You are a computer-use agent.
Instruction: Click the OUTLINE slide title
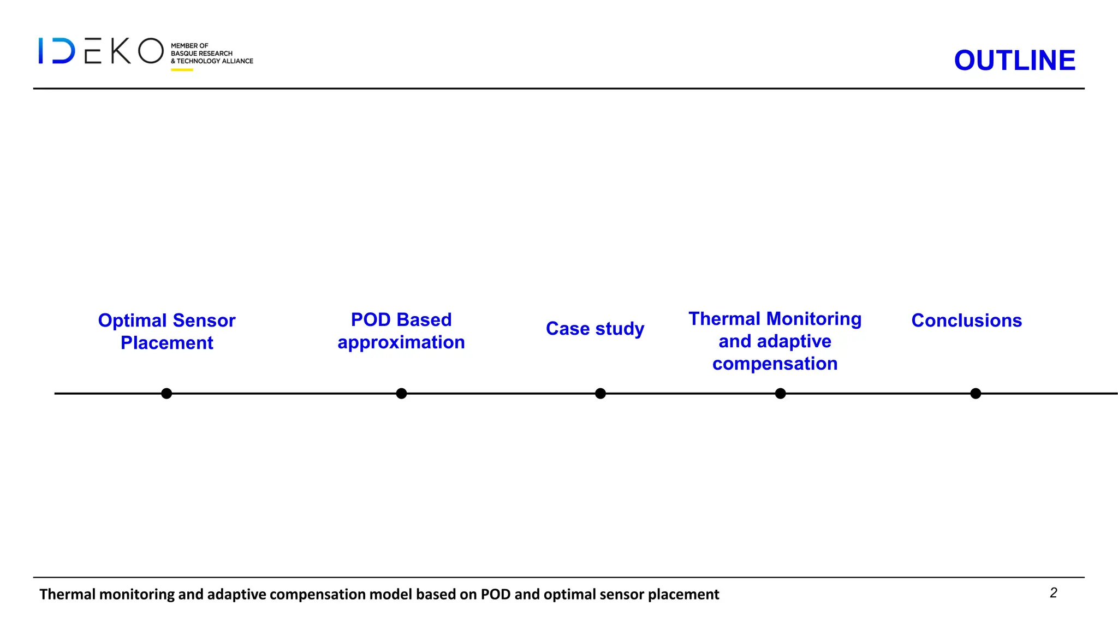coord(1014,60)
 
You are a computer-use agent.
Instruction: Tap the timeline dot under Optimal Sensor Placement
coord(166,393)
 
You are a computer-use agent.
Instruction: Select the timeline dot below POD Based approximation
coord(401,393)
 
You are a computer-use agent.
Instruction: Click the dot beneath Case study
coord(600,393)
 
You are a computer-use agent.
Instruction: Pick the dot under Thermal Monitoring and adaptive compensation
coord(781,393)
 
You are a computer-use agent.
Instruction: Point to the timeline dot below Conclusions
coord(976,393)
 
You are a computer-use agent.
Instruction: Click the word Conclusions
coord(966,321)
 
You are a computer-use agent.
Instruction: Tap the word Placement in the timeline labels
coord(166,343)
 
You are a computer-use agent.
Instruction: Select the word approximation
coord(401,342)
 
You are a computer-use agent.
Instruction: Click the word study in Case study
coord(620,329)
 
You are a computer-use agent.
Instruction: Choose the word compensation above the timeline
coord(775,364)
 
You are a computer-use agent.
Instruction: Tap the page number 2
coord(1053,593)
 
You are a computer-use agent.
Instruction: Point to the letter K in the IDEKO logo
coord(121,51)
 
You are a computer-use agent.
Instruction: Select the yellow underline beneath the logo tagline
coord(182,70)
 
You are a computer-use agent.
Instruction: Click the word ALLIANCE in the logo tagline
coord(237,61)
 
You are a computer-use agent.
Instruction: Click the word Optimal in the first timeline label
coord(132,321)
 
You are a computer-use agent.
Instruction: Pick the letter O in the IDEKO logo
coord(151,51)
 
